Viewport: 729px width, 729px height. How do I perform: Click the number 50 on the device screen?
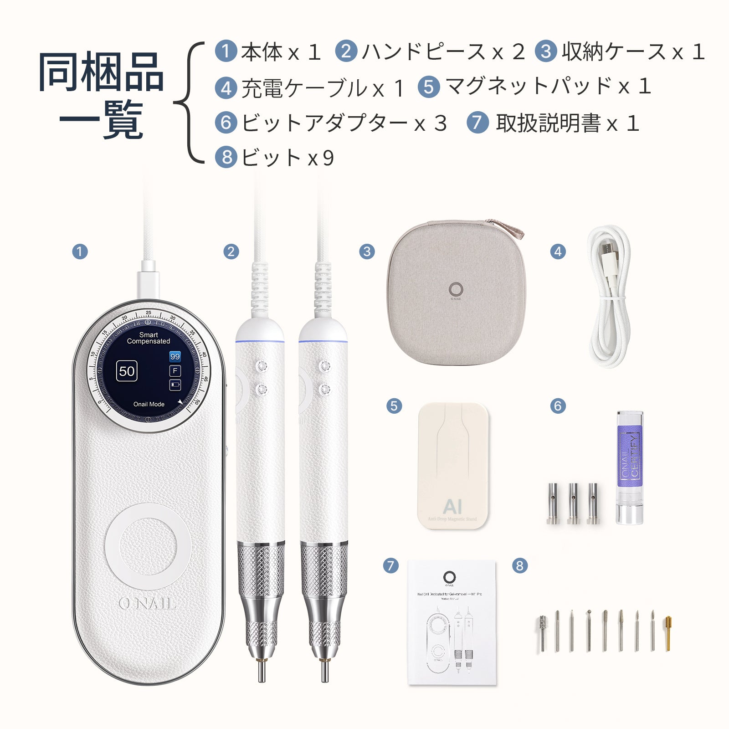(127, 371)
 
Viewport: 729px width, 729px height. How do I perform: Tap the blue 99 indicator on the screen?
(175, 356)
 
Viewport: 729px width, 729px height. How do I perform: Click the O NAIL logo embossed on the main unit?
(147, 604)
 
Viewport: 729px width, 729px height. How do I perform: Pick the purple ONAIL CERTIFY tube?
(630, 467)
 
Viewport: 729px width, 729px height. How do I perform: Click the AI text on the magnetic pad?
(452, 506)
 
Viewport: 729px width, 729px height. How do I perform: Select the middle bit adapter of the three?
(573, 503)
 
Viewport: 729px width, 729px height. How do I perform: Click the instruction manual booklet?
(451, 622)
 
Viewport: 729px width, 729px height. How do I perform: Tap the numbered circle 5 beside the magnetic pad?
(394, 406)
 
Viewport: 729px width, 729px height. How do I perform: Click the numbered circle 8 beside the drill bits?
(520, 566)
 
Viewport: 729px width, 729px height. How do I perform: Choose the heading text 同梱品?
(101, 72)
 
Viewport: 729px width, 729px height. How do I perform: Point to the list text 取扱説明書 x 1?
(568, 123)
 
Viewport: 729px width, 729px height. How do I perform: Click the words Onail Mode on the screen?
(149, 404)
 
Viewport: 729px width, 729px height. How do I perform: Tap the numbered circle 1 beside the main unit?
(80, 252)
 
